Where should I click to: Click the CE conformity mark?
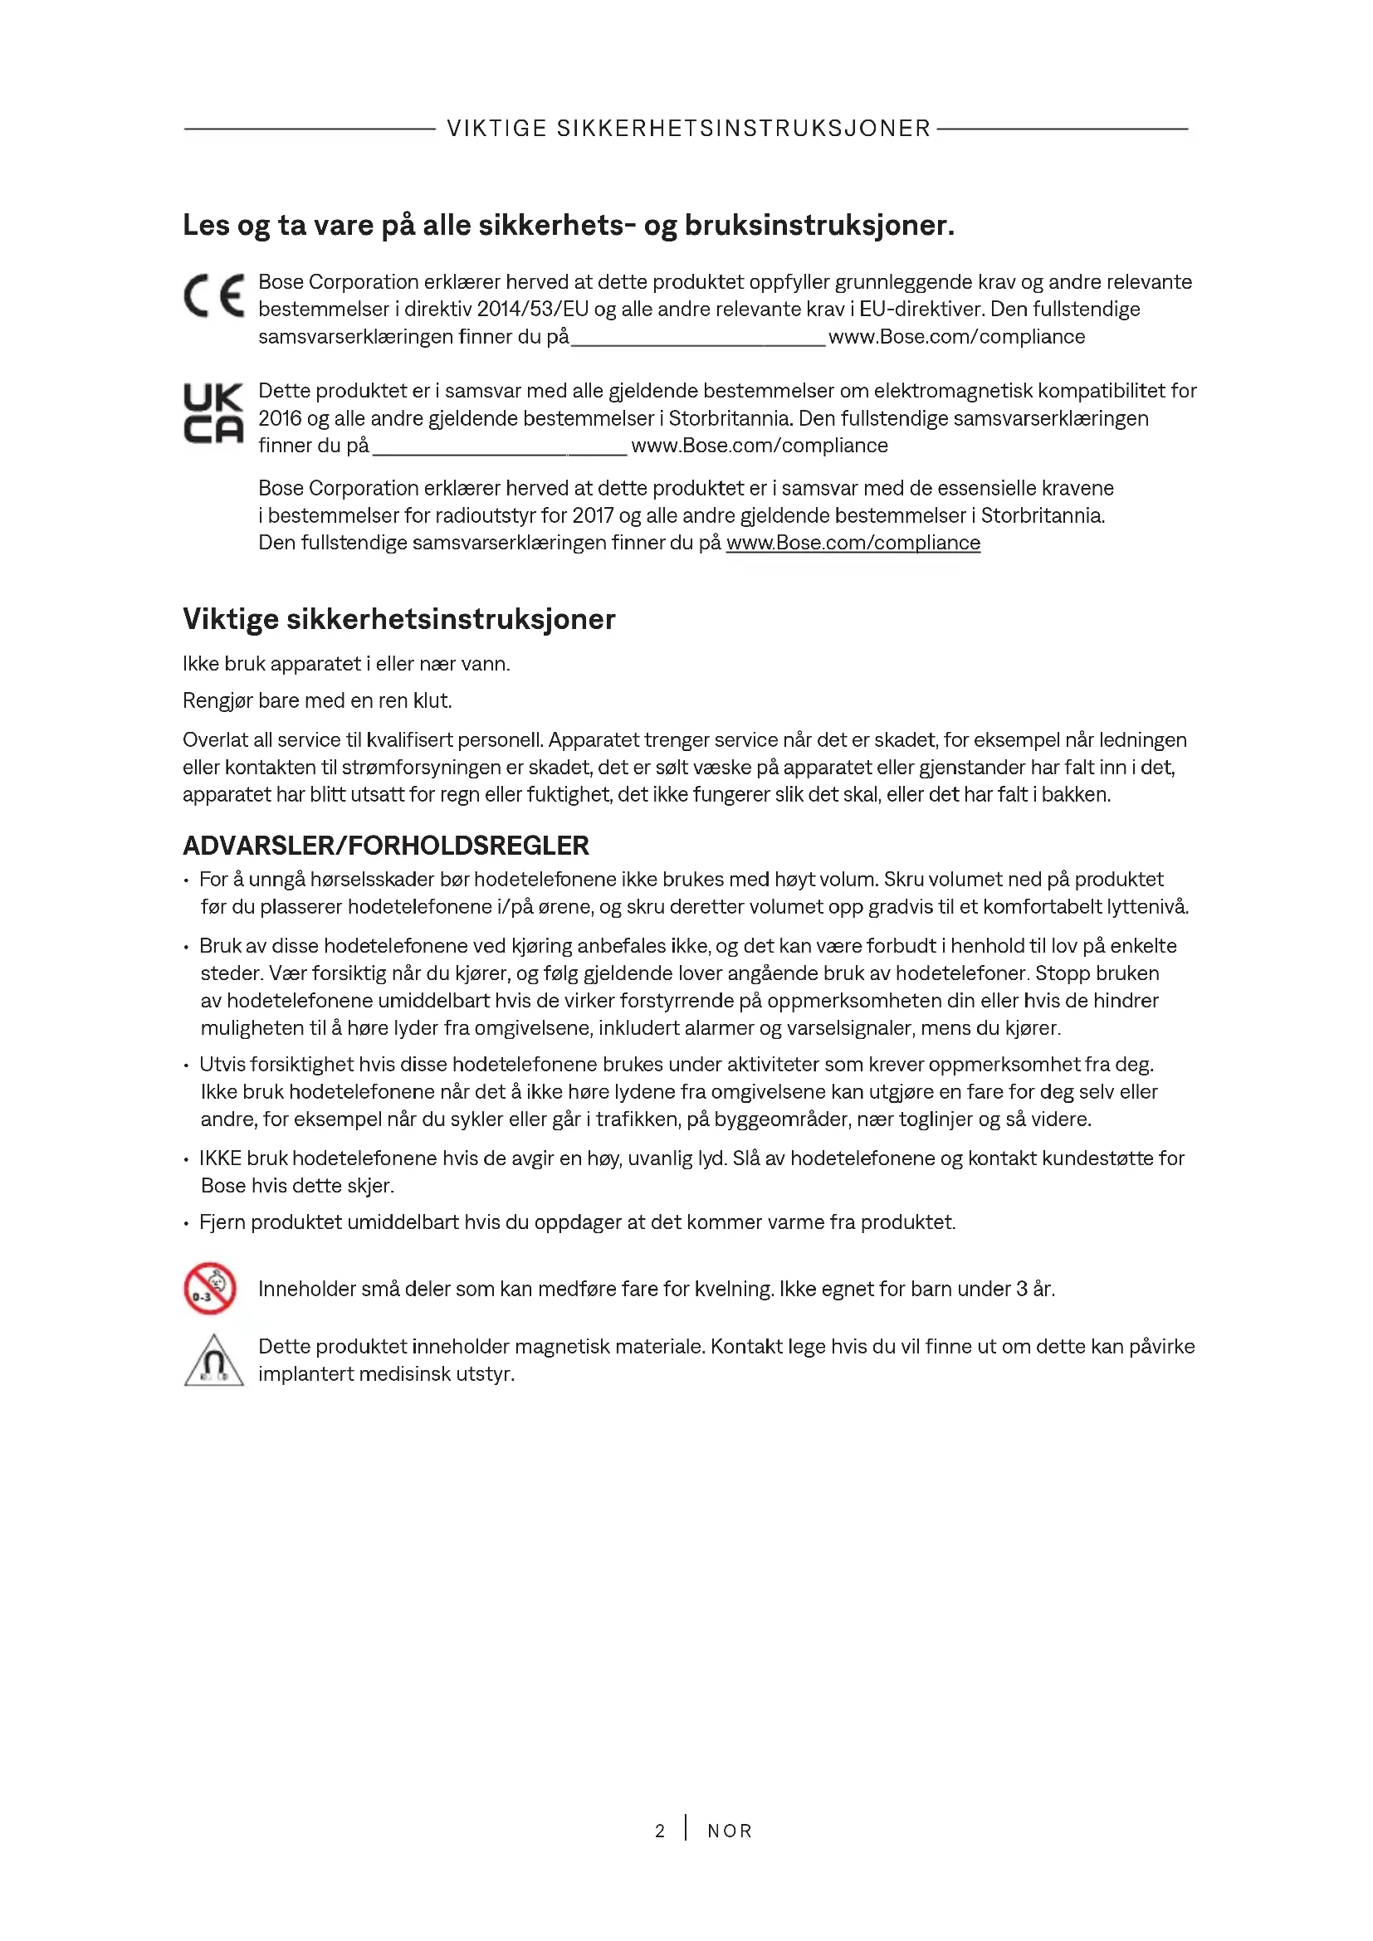214,296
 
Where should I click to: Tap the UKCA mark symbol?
213,413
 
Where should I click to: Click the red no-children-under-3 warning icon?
210,1289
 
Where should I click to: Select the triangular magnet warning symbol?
214,1360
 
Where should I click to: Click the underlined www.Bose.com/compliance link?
853,543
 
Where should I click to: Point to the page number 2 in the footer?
659,1831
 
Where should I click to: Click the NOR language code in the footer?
730,1831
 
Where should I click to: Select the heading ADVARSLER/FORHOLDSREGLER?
385,846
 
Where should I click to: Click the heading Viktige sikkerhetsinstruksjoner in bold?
398,619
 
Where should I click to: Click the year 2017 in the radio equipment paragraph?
592,515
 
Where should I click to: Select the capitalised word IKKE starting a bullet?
220,1158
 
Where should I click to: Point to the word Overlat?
215,740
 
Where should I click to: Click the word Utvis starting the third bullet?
222,1065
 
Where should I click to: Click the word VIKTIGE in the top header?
496,129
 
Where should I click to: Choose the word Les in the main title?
205,226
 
